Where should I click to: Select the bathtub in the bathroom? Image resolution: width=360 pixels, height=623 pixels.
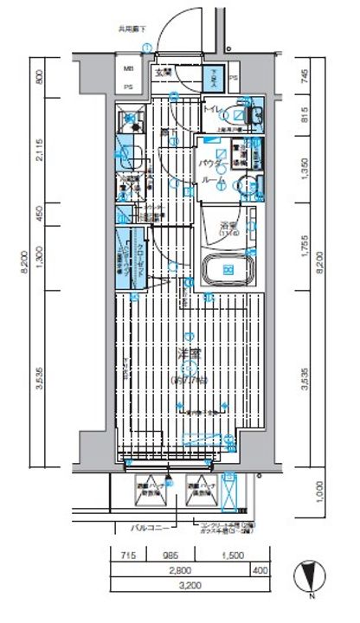pyautogui.click(x=228, y=270)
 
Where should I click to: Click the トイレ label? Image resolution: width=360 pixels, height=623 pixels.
pyautogui.click(x=211, y=110)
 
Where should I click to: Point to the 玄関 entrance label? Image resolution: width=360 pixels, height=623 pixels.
pyautogui.click(x=163, y=74)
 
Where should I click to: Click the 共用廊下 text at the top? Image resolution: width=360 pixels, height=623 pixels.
pyautogui.click(x=132, y=29)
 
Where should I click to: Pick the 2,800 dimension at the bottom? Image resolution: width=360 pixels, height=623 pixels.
pyautogui.click(x=180, y=570)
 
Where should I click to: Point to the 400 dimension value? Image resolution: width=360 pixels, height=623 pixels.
pyautogui.click(x=260, y=570)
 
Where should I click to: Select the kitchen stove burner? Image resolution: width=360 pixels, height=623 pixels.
pyautogui.click(x=129, y=121)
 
